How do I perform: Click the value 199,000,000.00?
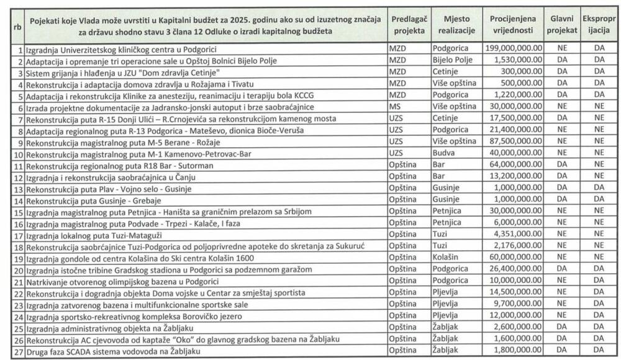(x=513, y=48)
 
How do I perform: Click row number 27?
(x=19, y=351)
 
